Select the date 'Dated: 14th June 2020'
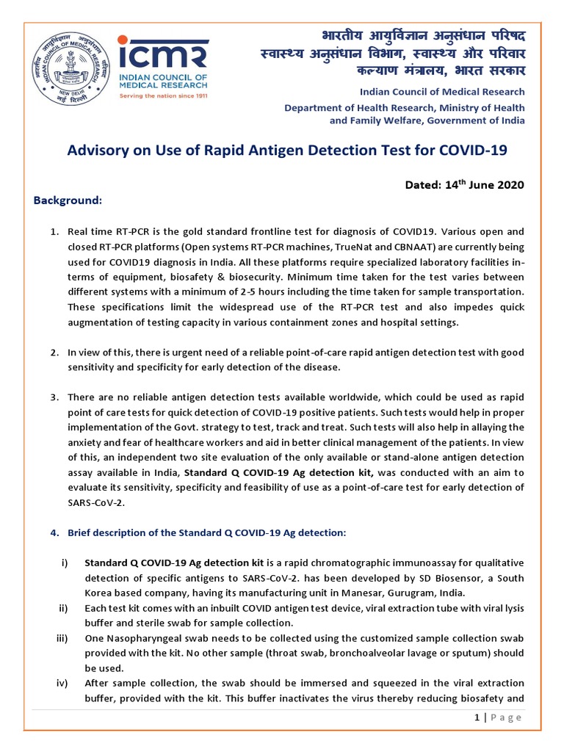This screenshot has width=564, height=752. (465, 184)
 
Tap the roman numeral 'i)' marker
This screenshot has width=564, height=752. (64, 563)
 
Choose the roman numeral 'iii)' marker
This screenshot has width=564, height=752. (62, 637)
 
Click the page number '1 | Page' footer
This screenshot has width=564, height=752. (498, 717)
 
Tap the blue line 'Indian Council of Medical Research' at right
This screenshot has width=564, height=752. (442, 92)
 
